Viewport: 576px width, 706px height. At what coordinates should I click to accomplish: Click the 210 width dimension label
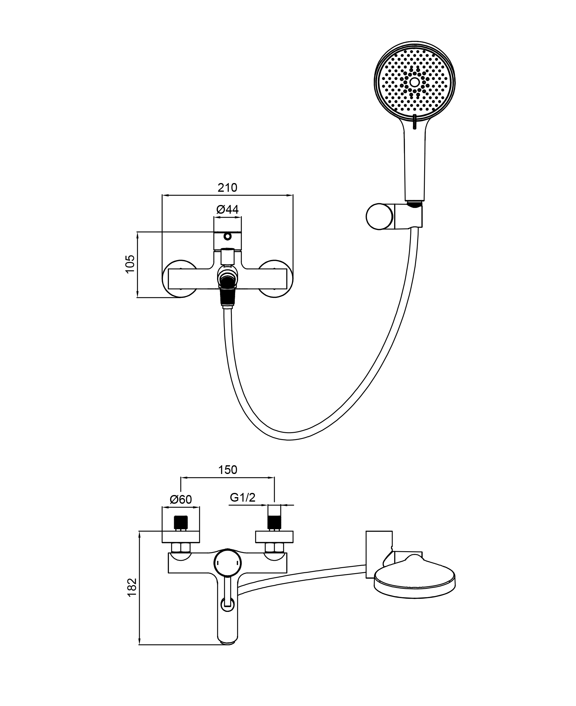pyautogui.click(x=227, y=188)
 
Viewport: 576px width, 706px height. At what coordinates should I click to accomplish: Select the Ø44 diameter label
pyautogui.click(x=227, y=209)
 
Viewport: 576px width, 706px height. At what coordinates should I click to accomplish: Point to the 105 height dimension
pyautogui.click(x=130, y=264)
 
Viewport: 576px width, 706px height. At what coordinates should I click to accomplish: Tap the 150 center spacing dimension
pyautogui.click(x=228, y=470)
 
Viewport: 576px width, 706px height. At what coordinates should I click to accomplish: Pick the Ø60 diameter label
pyautogui.click(x=181, y=509)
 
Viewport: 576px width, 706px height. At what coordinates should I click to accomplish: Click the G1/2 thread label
pyautogui.click(x=243, y=507)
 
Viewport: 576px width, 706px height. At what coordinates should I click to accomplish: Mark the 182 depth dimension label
pyautogui.click(x=132, y=587)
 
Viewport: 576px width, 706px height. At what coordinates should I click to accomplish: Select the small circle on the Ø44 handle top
pyautogui.click(x=227, y=237)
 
